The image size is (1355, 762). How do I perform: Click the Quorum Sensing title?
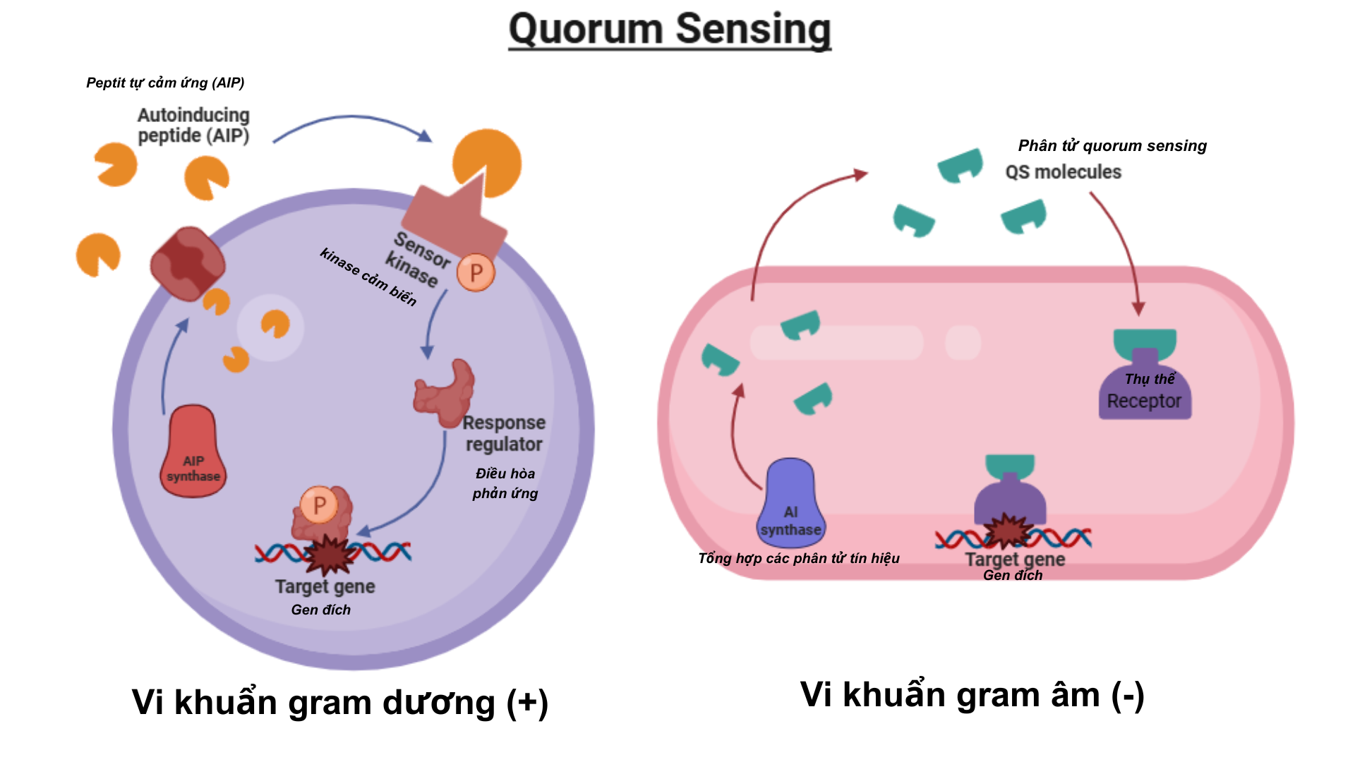click(670, 30)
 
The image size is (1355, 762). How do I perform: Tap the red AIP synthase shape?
click(193, 452)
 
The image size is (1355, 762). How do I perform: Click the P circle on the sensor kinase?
click(476, 272)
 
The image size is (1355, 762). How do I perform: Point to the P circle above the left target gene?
click(319, 504)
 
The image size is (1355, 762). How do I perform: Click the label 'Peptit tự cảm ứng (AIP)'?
click(165, 83)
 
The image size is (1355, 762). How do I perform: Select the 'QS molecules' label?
click(1063, 172)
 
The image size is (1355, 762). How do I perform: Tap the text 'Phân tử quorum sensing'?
click(1112, 145)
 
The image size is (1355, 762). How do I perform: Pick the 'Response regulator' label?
click(505, 433)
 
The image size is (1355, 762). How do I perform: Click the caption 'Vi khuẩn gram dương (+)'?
click(339, 703)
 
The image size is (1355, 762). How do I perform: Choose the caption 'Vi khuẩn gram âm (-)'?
click(972, 695)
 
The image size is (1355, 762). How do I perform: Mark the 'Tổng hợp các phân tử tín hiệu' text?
click(798, 558)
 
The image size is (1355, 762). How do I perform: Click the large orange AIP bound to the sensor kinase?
click(488, 162)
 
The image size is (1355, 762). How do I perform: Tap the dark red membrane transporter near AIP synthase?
click(188, 263)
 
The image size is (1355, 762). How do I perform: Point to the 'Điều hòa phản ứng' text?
click(505, 483)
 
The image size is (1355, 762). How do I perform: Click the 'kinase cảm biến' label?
click(368, 277)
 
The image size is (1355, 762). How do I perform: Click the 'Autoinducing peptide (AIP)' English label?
click(193, 125)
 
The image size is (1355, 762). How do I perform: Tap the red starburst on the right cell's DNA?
click(1008, 531)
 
